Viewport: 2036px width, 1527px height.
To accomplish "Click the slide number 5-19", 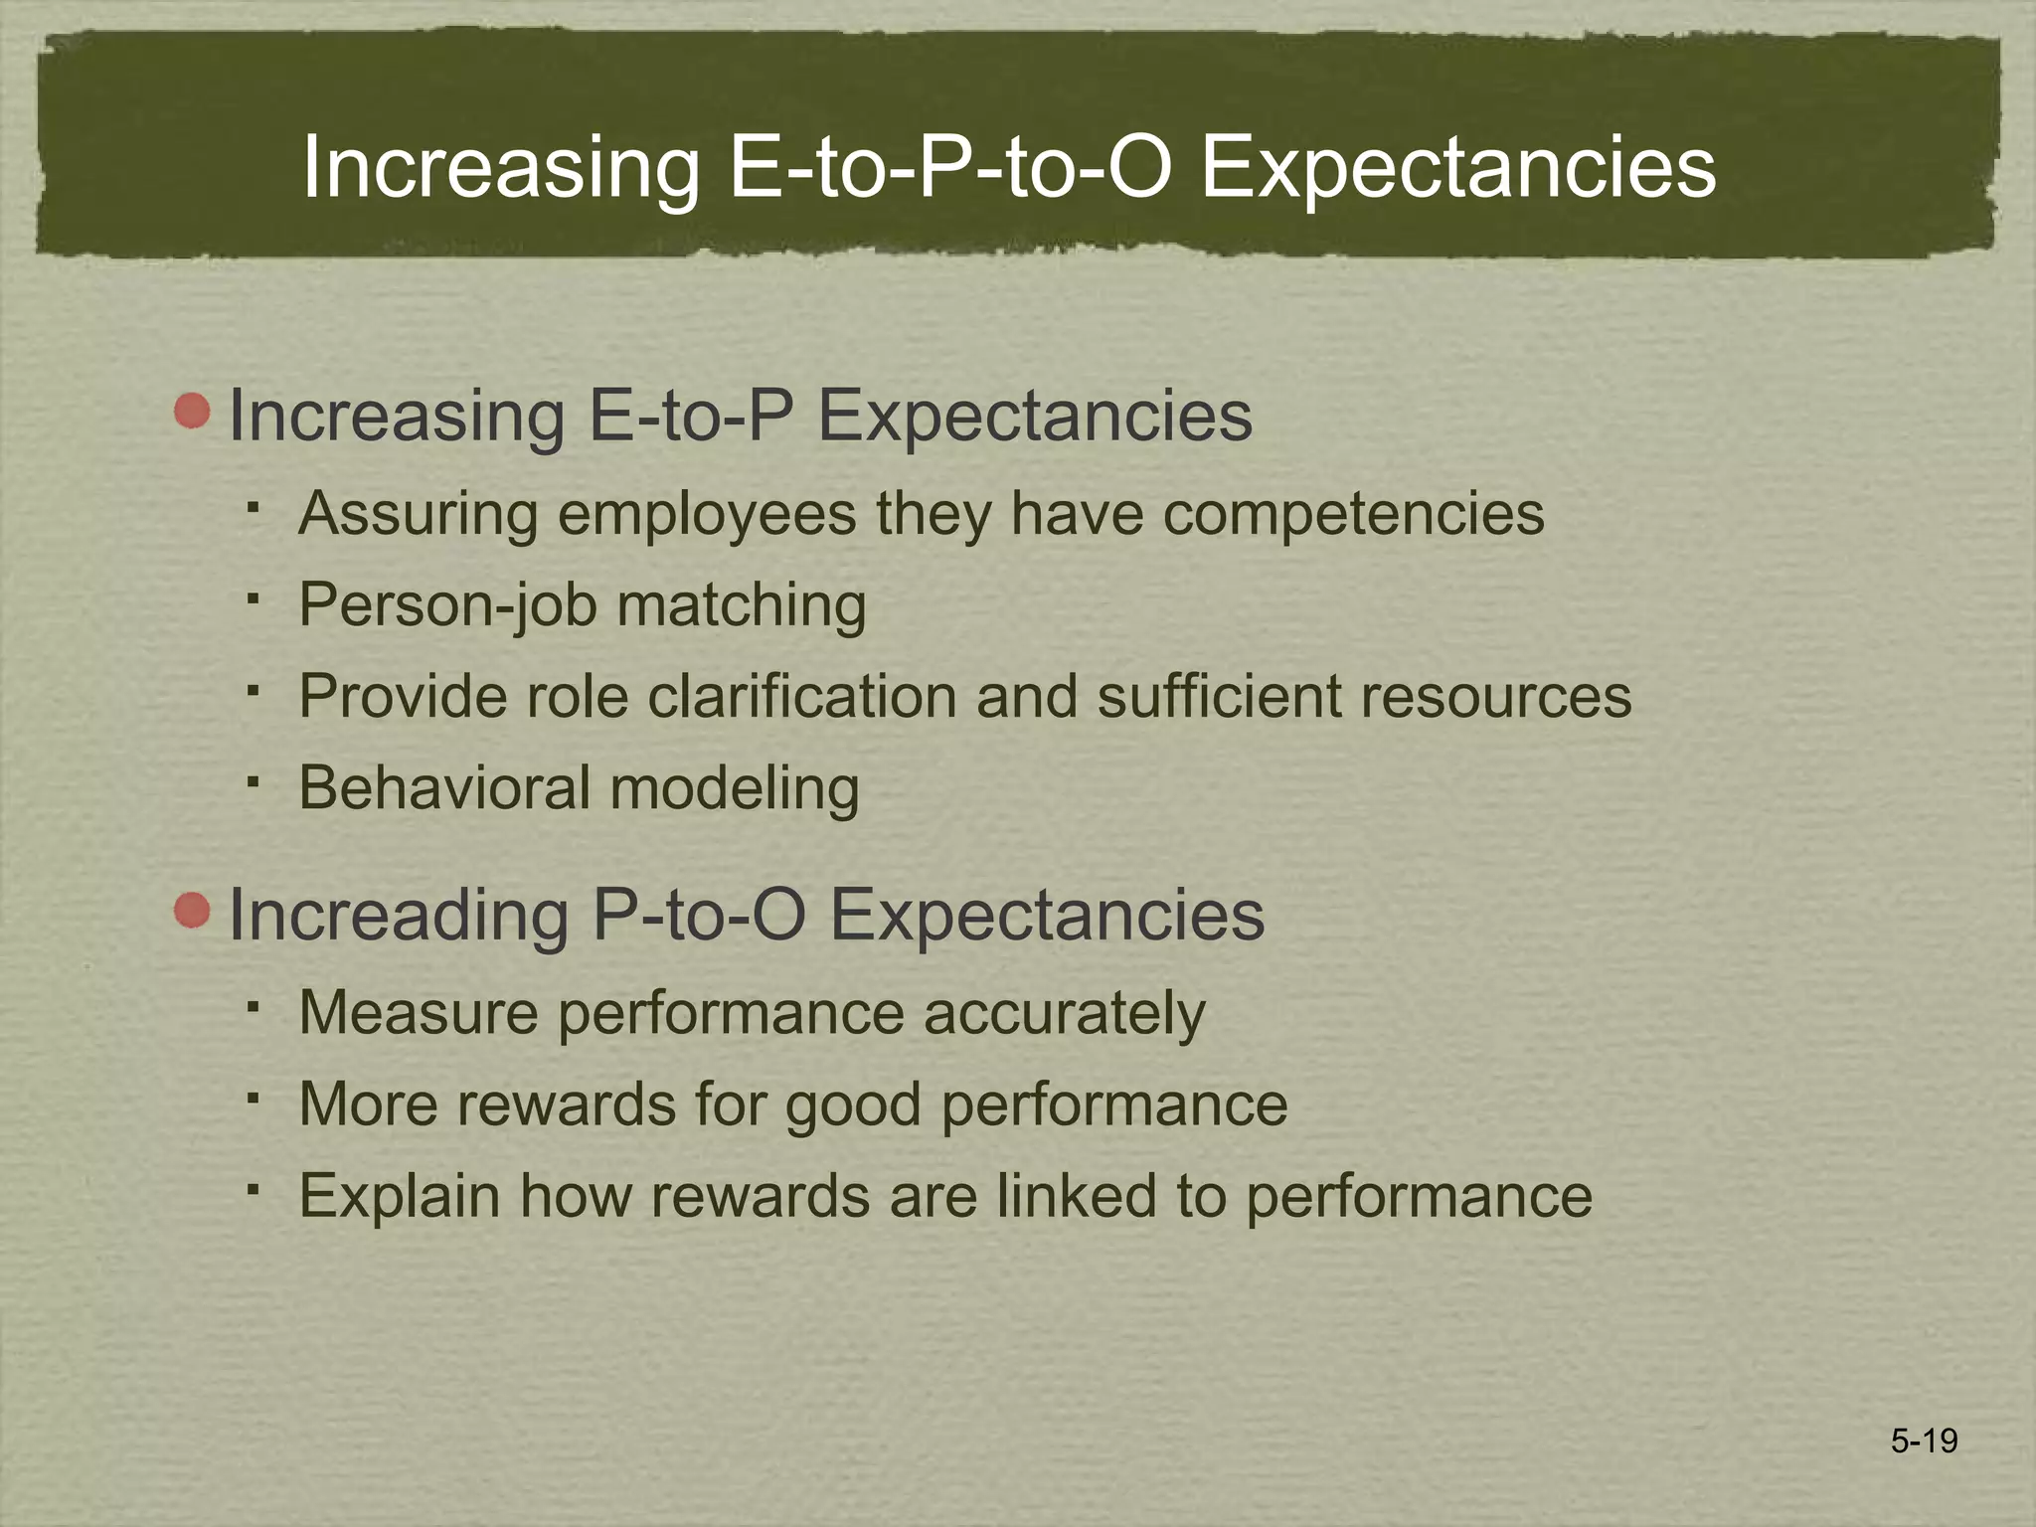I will [1924, 1441].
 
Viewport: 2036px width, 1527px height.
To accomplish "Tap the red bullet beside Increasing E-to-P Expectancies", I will [192, 411].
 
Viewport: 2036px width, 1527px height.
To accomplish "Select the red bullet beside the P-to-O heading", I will [192, 911].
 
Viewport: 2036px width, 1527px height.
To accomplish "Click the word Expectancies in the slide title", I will [1457, 167].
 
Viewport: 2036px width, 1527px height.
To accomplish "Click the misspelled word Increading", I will [399, 915].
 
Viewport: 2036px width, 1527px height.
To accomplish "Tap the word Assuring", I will [418, 514].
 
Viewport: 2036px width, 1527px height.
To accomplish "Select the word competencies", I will [1353, 514].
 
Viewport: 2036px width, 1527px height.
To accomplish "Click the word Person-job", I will [446, 605].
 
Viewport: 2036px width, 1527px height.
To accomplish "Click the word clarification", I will [802, 696].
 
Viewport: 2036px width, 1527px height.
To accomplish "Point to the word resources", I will [1496, 696].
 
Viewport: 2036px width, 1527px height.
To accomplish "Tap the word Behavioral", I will [444, 787].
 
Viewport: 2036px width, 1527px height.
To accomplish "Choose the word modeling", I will [734, 787].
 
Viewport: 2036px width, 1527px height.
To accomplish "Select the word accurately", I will [1064, 1013].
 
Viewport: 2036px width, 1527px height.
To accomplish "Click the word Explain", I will [400, 1195].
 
